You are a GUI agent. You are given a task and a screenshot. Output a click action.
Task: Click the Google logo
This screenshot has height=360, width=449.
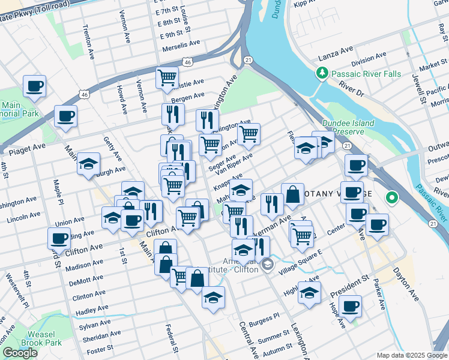[x=19, y=353]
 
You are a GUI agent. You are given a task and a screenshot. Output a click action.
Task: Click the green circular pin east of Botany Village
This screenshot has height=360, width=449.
[x=392, y=196]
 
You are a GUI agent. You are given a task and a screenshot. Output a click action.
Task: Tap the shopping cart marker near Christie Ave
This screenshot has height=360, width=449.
[x=167, y=77]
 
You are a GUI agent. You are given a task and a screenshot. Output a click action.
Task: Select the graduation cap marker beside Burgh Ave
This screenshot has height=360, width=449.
[x=88, y=164]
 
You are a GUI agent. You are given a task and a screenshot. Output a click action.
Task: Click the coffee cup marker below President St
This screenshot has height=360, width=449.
[x=349, y=305]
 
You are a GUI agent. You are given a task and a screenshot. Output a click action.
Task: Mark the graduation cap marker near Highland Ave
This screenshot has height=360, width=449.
[x=309, y=293]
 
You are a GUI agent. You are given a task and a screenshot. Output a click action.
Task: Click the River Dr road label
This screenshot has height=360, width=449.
[x=351, y=90]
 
